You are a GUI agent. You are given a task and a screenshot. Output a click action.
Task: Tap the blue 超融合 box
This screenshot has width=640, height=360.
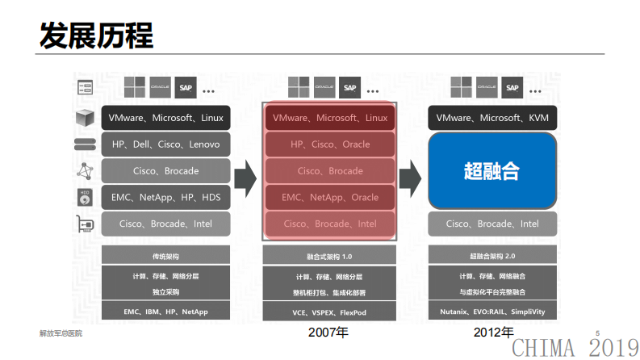click(x=492, y=170)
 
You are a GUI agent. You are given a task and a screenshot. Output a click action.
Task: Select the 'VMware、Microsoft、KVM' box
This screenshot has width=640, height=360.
click(x=492, y=118)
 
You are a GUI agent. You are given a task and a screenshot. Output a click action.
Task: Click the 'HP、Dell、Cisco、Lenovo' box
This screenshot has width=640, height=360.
click(x=165, y=144)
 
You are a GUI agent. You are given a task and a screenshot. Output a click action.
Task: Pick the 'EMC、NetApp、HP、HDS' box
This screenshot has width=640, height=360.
click(x=165, y=197)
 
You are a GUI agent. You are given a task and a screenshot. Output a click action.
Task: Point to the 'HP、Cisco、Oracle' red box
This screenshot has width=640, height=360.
click(x=329, y=144)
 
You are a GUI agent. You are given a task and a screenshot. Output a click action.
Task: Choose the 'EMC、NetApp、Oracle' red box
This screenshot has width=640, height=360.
click(x=329, y=197)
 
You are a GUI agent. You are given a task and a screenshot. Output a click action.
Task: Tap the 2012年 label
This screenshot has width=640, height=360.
click(x=493, y=332)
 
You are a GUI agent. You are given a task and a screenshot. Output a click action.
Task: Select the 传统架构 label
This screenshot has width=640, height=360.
click(x=165, y=256)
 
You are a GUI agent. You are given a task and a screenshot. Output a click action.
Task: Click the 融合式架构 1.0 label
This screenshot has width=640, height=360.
click(x=329, y=256)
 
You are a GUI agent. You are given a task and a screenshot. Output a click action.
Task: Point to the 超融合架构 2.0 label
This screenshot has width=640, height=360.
click(x=492, y=256)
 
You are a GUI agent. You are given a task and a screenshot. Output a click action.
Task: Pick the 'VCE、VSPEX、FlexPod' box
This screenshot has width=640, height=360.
click(x=329, y=312)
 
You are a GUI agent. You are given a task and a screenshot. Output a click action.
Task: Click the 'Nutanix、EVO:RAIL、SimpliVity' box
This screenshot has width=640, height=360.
click(x=492, y=312)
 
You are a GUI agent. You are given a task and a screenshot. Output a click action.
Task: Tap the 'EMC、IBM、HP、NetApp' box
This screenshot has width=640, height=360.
click(x=165, y=312)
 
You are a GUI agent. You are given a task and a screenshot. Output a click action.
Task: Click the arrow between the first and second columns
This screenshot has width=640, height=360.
click(x=245, y=173)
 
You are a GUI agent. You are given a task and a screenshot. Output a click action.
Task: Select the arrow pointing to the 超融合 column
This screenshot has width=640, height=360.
click(x=410, y=173)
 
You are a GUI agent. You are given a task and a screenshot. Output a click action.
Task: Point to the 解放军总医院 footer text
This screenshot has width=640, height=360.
click(x=61, y=333)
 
